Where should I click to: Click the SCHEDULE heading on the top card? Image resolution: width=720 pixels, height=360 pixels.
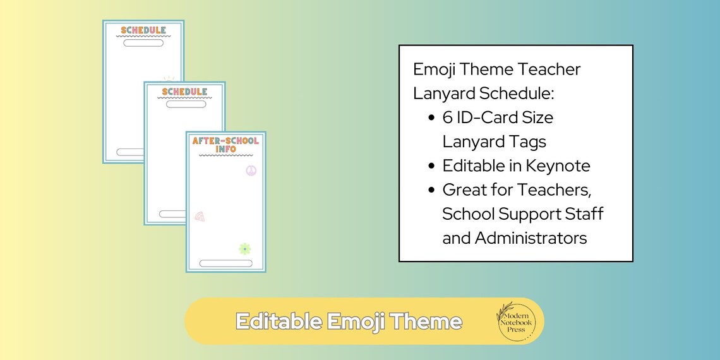143,30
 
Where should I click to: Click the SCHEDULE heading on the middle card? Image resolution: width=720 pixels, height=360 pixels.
184,92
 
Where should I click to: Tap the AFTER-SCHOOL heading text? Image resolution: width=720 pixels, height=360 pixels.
225,141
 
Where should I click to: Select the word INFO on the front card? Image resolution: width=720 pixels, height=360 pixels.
225,150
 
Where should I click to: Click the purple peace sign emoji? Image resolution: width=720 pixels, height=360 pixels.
251,171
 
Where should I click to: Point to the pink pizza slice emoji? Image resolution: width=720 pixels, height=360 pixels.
200,216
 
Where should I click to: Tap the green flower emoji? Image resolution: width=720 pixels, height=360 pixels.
244,249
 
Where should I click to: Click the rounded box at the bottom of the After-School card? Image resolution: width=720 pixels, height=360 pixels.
225,263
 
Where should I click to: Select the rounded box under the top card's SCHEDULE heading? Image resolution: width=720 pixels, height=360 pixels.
143,43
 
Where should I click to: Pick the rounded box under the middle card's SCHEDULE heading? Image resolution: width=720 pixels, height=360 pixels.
186,104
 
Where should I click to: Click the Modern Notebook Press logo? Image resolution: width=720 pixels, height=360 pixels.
516,320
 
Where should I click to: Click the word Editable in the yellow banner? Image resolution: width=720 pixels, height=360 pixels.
279,321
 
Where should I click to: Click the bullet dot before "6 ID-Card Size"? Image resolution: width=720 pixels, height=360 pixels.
431,118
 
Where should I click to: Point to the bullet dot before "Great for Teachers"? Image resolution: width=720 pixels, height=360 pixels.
431,190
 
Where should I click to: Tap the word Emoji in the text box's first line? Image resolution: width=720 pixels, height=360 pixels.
436,69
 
